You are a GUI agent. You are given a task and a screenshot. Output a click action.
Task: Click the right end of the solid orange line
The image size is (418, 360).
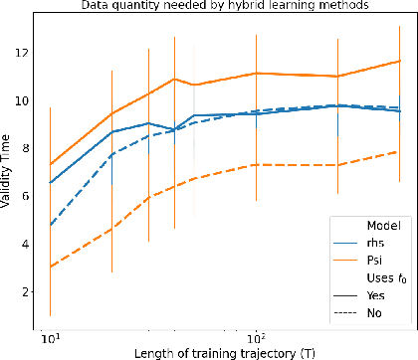400,61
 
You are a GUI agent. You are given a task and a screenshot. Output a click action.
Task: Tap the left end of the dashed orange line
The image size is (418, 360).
50,267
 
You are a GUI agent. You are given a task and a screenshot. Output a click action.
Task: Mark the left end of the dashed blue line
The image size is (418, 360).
50,225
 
